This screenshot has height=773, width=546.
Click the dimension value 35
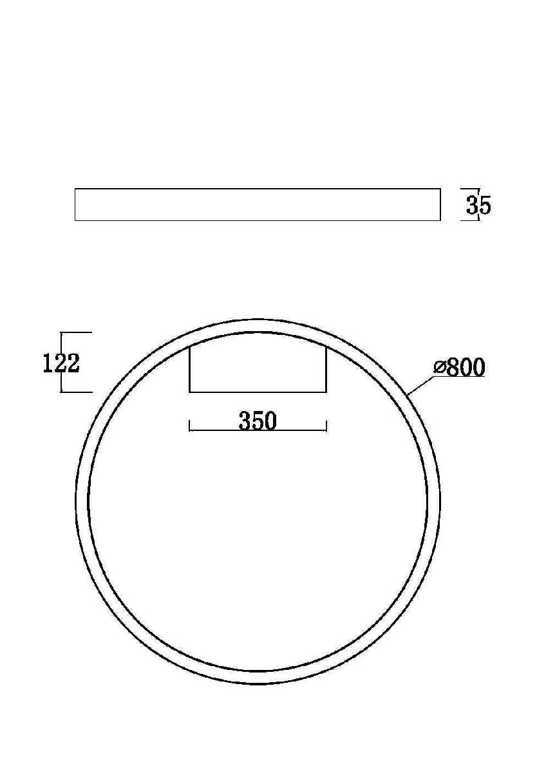click(478, 205)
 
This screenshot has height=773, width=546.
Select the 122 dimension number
click(61, 364)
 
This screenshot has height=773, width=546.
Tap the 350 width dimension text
click(258, 421)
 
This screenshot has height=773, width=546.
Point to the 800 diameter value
click(466, 368)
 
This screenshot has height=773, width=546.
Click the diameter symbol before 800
click(440, 368)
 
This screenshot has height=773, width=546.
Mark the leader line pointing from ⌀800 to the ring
click(422, 385)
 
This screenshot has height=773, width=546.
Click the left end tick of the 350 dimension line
click(189, 426)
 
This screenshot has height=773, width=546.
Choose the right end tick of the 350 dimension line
click(326, 426)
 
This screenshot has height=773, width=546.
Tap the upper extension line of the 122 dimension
click(77, 332)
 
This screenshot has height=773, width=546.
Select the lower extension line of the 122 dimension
click(77, 392)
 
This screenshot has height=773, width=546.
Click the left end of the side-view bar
click(75, 205)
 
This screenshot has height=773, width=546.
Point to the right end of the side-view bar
click(440, 205)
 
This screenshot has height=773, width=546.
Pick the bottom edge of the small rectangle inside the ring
click(258, 392)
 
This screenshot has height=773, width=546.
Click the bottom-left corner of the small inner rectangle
click(189, 392)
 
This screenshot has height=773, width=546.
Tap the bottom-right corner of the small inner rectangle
click(326, 392)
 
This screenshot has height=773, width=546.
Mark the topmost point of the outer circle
click(258, 319)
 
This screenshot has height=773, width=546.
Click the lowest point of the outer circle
click(258, 683)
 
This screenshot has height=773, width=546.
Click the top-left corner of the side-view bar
click(75, 189)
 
